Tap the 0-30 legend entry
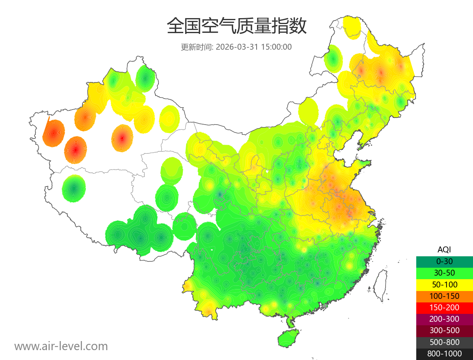click(x=444, y=261)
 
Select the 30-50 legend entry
click(x=444, y=273)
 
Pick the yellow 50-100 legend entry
click(x=444, y=284)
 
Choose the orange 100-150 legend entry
click(x=444, y=296)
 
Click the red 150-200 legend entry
click(x=444, y=308)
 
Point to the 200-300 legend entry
click(x=444, y=319)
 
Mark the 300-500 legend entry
click(x=444, y=330)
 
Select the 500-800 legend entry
click(x=444, y=342)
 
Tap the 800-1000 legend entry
click(x=444, y=354)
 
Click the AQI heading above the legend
click(x=444, y=249)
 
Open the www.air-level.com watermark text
click(x=61, y=346)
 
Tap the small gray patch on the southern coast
click(x=325, y=306)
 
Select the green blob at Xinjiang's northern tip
click(x=145, y=78)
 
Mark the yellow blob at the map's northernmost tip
click(x=352, y=27)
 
